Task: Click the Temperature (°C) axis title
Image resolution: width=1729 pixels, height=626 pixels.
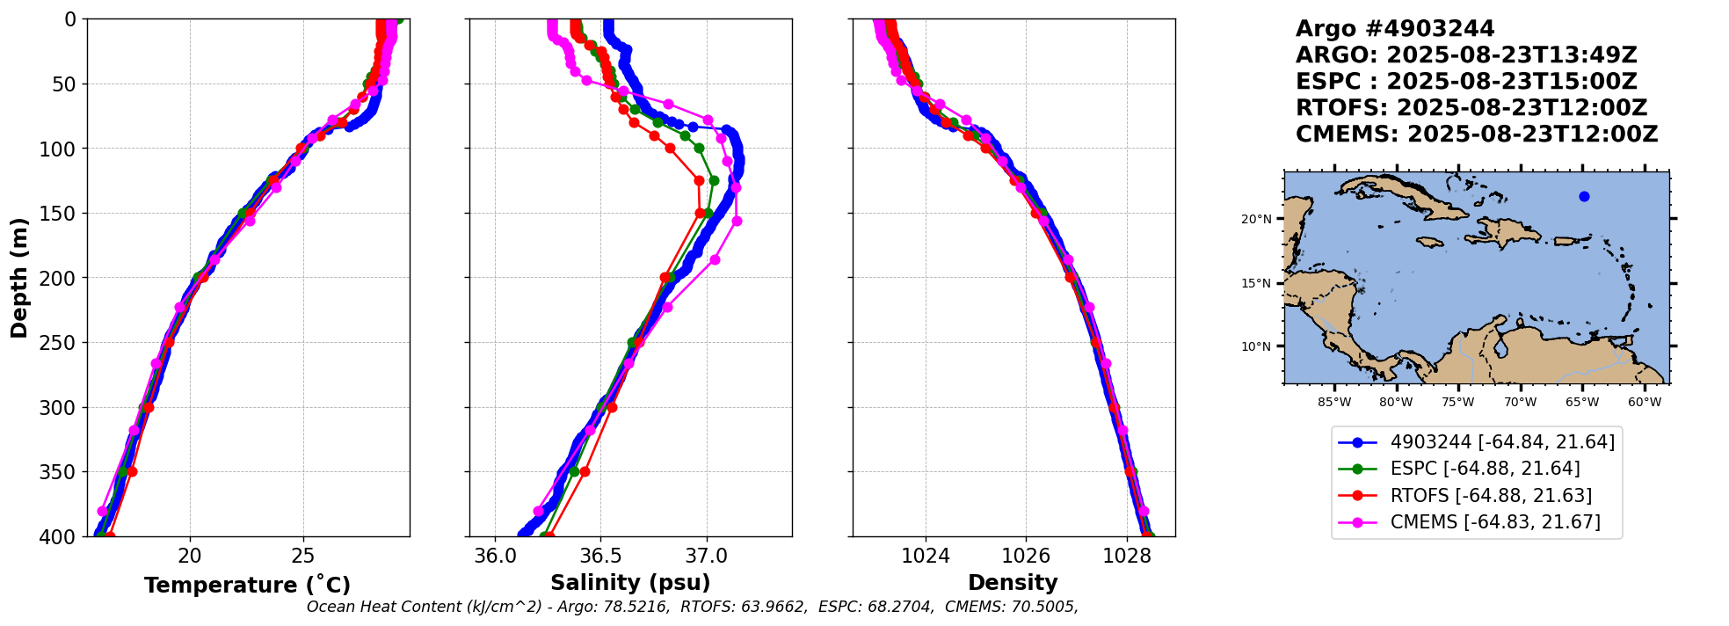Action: [247, 585]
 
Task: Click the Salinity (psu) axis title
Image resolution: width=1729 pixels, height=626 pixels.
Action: [630, 583]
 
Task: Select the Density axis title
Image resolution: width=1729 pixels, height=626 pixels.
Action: [1013, 583]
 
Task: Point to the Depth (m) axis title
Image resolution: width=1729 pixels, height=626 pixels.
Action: [19, 278]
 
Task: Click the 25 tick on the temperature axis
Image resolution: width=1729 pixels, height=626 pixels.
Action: [303, 556]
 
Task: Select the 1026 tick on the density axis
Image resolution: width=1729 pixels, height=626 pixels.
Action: [1026, 556]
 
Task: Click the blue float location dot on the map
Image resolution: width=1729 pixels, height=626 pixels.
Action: [1584, 196]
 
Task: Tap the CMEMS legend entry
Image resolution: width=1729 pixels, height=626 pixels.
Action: [1494, 522]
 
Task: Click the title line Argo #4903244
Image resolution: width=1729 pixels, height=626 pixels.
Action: [1395, 29]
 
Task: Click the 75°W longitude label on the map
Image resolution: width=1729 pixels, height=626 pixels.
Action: [1457, 403]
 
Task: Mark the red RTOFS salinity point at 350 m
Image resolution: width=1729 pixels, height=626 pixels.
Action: [585, 472]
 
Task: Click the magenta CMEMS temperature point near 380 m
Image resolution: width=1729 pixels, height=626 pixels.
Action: [102, 511]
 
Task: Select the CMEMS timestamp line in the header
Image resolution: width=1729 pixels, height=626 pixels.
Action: [1477, 135]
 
